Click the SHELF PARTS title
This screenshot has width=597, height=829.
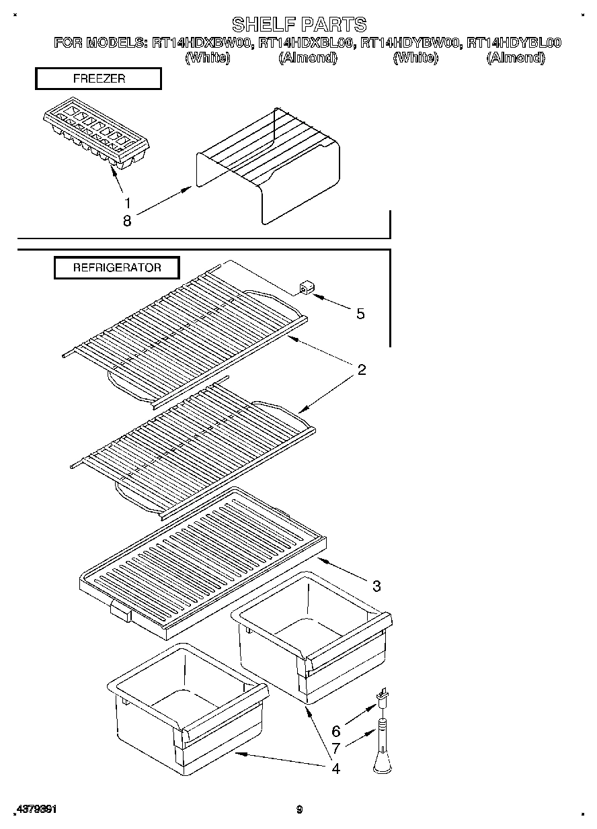click(299, 25)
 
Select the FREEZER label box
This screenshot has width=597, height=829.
click(98, 79)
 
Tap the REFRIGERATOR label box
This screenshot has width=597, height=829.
click(117, 267)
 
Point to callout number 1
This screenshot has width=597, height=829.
click(126, 202)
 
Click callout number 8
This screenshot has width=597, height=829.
click(126, 220)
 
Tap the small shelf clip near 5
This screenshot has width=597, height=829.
click(306, 289)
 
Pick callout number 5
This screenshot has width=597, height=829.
click(360, 313)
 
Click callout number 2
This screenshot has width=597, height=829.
click(361, 369)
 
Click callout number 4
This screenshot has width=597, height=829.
click(335, 768)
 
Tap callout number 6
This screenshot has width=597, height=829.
click(336, 731)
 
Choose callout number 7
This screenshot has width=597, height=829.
click(336, 746)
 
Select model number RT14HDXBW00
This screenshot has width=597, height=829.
click(202, 43)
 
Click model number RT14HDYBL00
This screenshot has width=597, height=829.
click(514, 43)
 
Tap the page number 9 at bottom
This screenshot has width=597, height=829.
click(299, 810)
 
